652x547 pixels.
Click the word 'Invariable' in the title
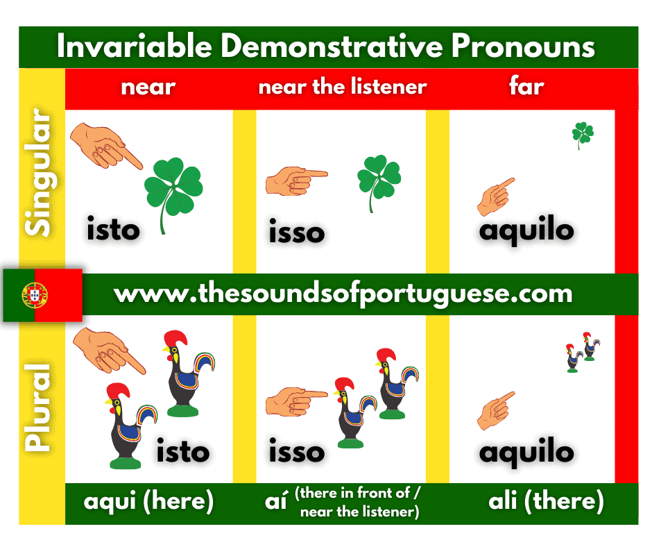coord(135,46)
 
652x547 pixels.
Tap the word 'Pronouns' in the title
coord(523,46)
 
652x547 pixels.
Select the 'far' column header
coord(526,86)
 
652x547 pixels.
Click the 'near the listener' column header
coord(343,87)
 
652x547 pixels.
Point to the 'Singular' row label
coord(39,172)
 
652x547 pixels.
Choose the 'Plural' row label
coord(38,407)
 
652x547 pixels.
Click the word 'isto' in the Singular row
coord(113,228)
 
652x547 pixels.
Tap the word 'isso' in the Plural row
coord(296,451)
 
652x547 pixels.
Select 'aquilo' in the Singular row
coord(526,230)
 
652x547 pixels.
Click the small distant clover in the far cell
coord(583,135)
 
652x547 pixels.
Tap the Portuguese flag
coord(42,295)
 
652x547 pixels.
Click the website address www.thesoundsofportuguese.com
coord(343,294)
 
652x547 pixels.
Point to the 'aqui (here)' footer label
coord(148,500)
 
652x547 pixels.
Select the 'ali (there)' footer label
coord(546,500)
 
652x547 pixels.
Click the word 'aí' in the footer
coord(276,500)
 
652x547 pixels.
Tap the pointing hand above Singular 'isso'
coord(296,180)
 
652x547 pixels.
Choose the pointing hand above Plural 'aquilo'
coord(496,410)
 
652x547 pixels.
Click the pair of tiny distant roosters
coord(583,352)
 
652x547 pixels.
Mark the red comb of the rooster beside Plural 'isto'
coord(118,391)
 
